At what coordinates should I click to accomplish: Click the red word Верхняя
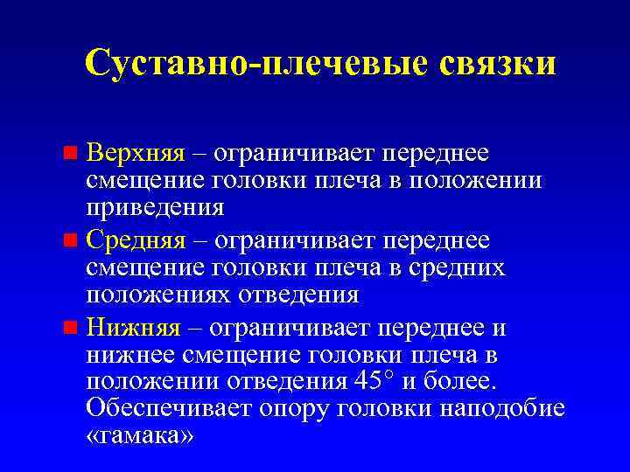(x=136, y=153)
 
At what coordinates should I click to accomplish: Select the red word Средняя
(x=136, y=239)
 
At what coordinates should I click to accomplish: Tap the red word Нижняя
(x=134, y=327)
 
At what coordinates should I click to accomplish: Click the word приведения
(x=156, y=208)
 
